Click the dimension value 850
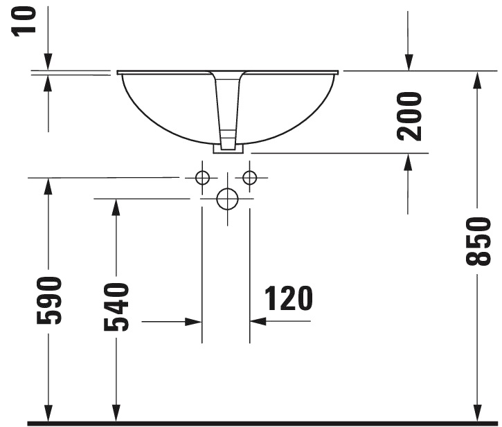[x=478, y=241]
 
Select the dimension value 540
[x=116, y=307]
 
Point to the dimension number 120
[x=288, y=298]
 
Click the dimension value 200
[x=411, y=116]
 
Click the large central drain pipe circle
[x=226, y=199]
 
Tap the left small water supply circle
[x=202, y=178]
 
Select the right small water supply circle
[x=250, y=178]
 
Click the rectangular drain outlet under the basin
[x=228, y=148]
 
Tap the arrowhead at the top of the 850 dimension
[x=477, y=79]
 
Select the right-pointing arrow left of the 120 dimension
[x=193, y=322]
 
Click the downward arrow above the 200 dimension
[x=409, y=62]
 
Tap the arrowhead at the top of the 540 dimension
[x=116, y=207]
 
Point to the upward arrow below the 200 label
[x=409, y=161]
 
